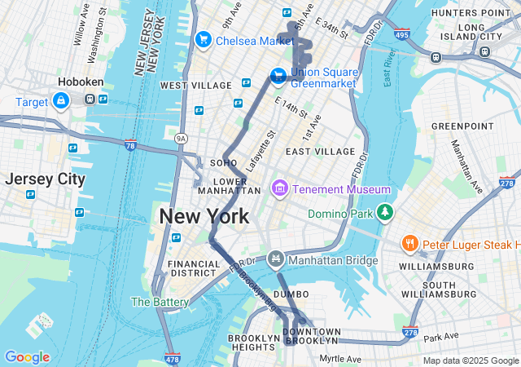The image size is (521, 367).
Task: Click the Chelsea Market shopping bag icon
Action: point(203,40)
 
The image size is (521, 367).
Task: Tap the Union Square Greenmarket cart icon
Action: point(278,76)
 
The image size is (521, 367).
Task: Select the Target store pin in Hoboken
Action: point(61,100)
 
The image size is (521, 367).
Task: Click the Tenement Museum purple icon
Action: point(280,189)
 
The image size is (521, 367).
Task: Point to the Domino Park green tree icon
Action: point(385,214)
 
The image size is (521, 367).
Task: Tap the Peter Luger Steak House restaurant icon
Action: point(410,244)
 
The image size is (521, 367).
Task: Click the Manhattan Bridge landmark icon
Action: point(276,260)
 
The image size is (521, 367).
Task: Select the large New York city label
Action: point(204,217)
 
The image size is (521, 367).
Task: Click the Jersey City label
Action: point(45,179)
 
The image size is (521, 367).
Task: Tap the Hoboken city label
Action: point(78,82)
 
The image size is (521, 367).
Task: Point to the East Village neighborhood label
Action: point(320,152)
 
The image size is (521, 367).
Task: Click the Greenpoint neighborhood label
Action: point(462,126)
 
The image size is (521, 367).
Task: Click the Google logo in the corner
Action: point(27,357)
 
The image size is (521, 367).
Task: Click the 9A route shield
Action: point(181,139)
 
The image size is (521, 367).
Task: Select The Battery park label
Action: point(160,302)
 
